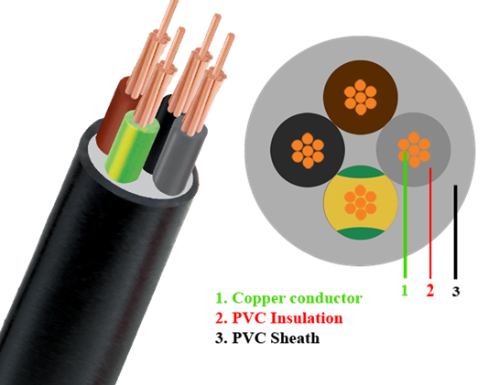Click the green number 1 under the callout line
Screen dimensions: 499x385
pyautogui.click(x=405, y=290)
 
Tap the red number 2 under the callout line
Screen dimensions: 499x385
pyautogui.click(x=430, y=290)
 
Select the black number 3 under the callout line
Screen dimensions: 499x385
pyautogui.click(x=456, y=291)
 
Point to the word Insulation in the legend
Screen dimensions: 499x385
pyautogui.click(x=307, y=318)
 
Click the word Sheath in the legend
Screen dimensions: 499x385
pyautogui.click(x=295, y=337)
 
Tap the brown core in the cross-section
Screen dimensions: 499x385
pyautogui.click(x=361, y=97)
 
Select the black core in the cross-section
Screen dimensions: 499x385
pyautogui.click(x=308, y=150)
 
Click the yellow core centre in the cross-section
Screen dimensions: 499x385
pyautogui.click(x=361, y=202)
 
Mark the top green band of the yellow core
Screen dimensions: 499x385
pyautogui.click(x=361, y=172)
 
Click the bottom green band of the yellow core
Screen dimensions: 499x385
pyautogui.click(x=361, y=233)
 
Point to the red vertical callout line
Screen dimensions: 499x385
pyautogui.click(x=430, y=223)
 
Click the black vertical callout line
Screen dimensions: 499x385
pyautogui.click(x=455, y=232)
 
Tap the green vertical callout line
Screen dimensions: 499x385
pyautogui.click(x=405, y=215)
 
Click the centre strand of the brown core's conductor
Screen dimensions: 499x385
pyautogui.click(x=361, y=97)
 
